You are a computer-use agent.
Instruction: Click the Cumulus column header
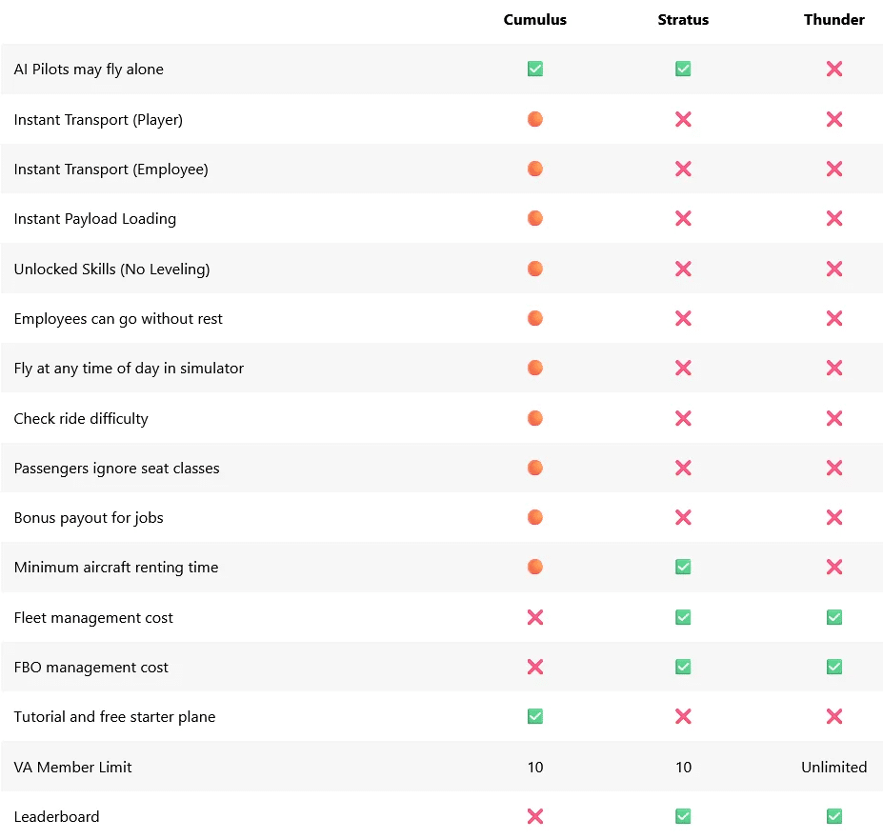click(x=535, y=20)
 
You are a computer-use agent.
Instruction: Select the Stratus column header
click(x=683, y=20)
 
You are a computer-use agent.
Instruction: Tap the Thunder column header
click(x=834, y=20)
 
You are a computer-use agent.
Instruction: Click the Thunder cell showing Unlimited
click(x=834, y=767)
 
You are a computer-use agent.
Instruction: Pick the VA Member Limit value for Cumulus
click(x=535, y=767)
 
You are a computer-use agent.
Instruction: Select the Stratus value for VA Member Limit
click(x=683, y=767)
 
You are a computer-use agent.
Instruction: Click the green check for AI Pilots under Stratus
click(x=683, y=69)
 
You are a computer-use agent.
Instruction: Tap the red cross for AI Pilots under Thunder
click(x=834, y=69)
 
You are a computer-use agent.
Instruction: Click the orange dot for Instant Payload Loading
click(x=535, y=218)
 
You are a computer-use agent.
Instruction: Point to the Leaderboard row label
click(x=57, y=816)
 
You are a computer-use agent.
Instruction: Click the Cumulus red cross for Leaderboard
click(x=535, y=816)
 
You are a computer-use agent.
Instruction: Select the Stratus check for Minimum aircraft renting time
click(x=683, y=567)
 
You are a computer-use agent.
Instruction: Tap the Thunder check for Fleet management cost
click(x=834, y=617)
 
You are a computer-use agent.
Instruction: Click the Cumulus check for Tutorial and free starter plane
click(x=535, y=716)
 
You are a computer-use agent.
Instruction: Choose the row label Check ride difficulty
click(x=81, y=418)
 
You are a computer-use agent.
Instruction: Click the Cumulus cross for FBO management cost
click(x=535, y=667)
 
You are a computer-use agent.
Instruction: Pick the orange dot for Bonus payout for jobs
click(x=535, y=517)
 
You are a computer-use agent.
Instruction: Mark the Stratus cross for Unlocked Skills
click(x=683, y=269)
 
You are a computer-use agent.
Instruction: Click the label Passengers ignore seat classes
click(x=116, y=468)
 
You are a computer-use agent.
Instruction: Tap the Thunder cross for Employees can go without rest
click(x=834, y=318)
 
